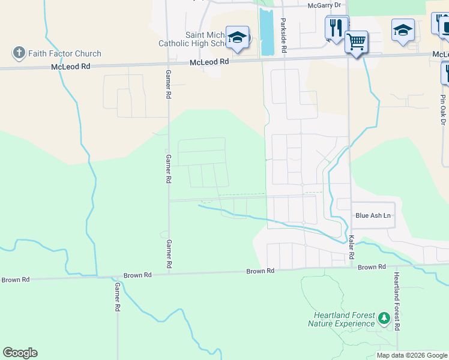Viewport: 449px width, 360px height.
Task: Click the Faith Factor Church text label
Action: pyautogui.click(x=64, y=54)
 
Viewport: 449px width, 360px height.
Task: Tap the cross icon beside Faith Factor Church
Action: pyautogui.click(x=19, y=53)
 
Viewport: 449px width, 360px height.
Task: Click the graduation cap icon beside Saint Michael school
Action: pyautogui.click(x=237, y=37)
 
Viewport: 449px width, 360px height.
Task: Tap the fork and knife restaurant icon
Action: pyautogui.click(x=336, y=27)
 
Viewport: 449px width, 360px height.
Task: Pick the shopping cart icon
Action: pyautogui.click(x=357, y=42)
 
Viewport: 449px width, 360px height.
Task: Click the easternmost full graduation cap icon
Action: pyautogui.click(x=403, y=29)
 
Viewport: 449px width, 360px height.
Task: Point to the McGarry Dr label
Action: pyautogui.click(x=324, y=5)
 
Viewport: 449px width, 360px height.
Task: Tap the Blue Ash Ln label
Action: pyautogui.click(x=373, y=215)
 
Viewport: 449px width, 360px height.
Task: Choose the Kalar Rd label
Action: pyautogui.click(x=351, y=247)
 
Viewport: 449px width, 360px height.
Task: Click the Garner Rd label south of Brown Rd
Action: pyautogui.click(x=117, y=297)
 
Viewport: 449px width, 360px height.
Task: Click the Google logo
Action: pyautogui.click(x=20, y=353)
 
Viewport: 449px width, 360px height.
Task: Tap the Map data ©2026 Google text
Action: pyautogui.click(x=411, y=355)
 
